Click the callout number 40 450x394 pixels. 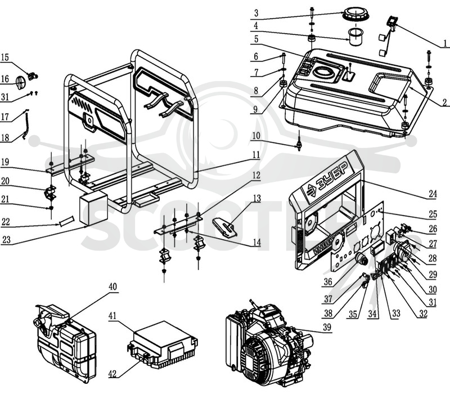click(x=113, y=287)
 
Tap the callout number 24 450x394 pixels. click(x=433, y=194)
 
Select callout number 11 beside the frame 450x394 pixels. click(x=256, y=155)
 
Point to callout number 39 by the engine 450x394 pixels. click(x=327, y=328)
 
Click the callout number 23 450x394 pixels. click(x=6, y=240)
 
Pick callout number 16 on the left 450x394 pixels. click(x=5, y=79)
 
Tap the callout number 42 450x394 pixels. click(x=112, y=374)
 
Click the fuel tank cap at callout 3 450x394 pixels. click(x=355, y=15)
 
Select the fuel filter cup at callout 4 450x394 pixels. click(x=356, y=36)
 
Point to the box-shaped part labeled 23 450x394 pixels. click(x=93, y=208)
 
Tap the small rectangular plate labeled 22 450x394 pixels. click(x=66, y=222)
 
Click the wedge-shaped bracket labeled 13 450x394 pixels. click(x=224, y=227)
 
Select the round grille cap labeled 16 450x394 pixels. click(x=20, y=82)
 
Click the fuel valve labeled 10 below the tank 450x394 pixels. click(x=299, y=143)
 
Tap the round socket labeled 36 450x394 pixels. click(x=362, y=259)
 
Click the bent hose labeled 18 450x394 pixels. click(x=26, y=125)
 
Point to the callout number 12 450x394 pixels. click(x=256, y=175)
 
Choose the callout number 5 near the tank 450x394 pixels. click(x=256, y=39)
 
